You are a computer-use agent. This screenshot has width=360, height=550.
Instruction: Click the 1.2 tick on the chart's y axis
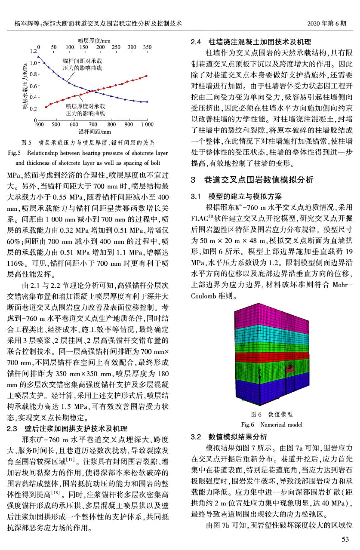[x=33, y=51]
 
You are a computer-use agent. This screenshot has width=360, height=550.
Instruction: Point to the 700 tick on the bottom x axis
[x=93, y=125]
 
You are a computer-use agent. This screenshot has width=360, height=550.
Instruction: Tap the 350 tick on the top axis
[x=147, y=47]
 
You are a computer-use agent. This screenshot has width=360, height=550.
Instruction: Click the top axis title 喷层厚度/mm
[x=94, y=41]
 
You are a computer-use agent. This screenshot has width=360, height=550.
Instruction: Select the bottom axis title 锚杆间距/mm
[x=94, y=132]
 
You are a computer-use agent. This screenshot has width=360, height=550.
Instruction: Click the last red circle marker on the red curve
[x=146, y=76]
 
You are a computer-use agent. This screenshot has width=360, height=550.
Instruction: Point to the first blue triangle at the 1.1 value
[x=39, y=57]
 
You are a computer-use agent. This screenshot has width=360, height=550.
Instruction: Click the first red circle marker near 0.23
[x=46, y=107]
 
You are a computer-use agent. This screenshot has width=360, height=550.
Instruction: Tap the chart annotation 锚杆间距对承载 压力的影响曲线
[x=82, y=64]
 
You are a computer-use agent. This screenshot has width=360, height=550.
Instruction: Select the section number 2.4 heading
[x=196, y=42]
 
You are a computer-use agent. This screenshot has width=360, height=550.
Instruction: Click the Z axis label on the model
[x=260, y=371]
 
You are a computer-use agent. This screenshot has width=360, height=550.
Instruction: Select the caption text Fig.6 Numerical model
[x=272, y=425]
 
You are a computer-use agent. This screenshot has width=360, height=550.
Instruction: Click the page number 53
[x=345, y=539]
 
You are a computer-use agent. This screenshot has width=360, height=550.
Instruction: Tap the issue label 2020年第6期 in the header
[x=327, y=23]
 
